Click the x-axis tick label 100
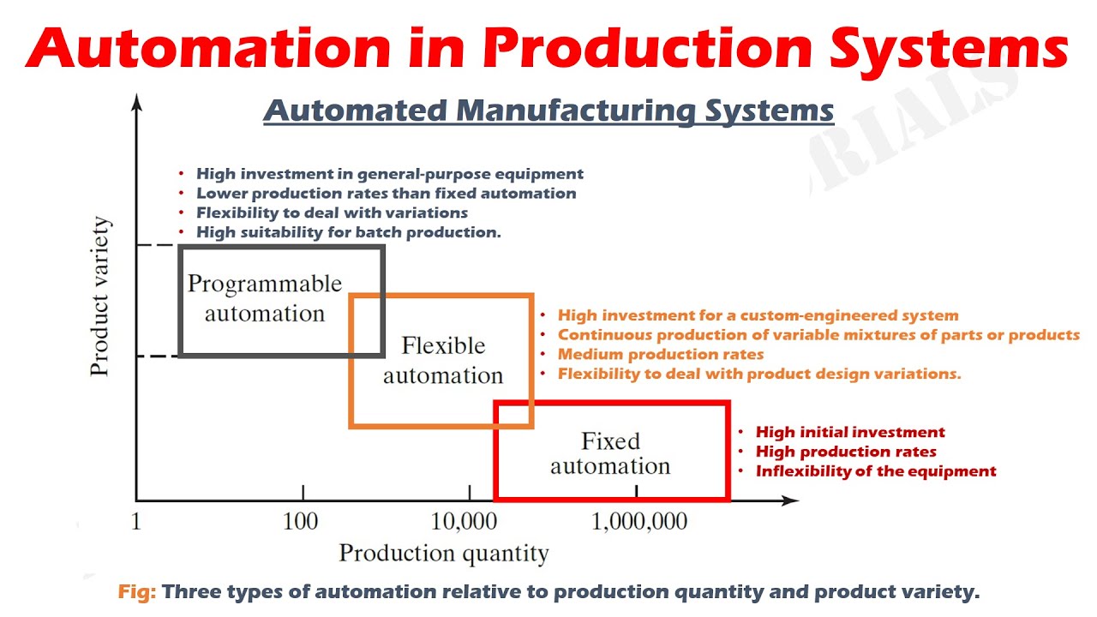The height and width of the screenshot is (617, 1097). (x=301, y=521)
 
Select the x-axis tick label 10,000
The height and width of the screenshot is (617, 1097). (x=469, y=521)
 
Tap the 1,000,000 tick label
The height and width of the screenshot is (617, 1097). (x=639, y=521)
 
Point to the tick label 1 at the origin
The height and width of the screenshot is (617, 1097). (x=136, y=521)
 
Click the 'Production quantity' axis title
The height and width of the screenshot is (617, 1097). (x=443, y=554)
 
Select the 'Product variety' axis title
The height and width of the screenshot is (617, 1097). (x=100, y=297)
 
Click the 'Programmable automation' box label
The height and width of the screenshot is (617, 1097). (x=265, y=298)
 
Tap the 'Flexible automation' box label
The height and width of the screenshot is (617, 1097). (x=443, y=360)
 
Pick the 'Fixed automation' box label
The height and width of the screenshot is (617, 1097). (x=610, y=453)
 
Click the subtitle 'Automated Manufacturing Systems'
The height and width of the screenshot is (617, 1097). (x=548, y=111)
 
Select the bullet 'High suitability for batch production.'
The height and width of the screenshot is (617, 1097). (x=348, y=232)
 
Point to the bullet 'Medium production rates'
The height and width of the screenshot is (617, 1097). (x=660, y=354)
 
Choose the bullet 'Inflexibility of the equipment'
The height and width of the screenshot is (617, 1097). (x=876, y=471)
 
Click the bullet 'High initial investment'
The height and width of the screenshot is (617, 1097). (x=850, y=433)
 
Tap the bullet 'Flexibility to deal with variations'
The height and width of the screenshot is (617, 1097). (x=332, y=213)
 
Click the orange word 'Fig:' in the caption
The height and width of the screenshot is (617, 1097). (x=137, y=592)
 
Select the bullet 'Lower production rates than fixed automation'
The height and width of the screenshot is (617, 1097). (x=386, y=194)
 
